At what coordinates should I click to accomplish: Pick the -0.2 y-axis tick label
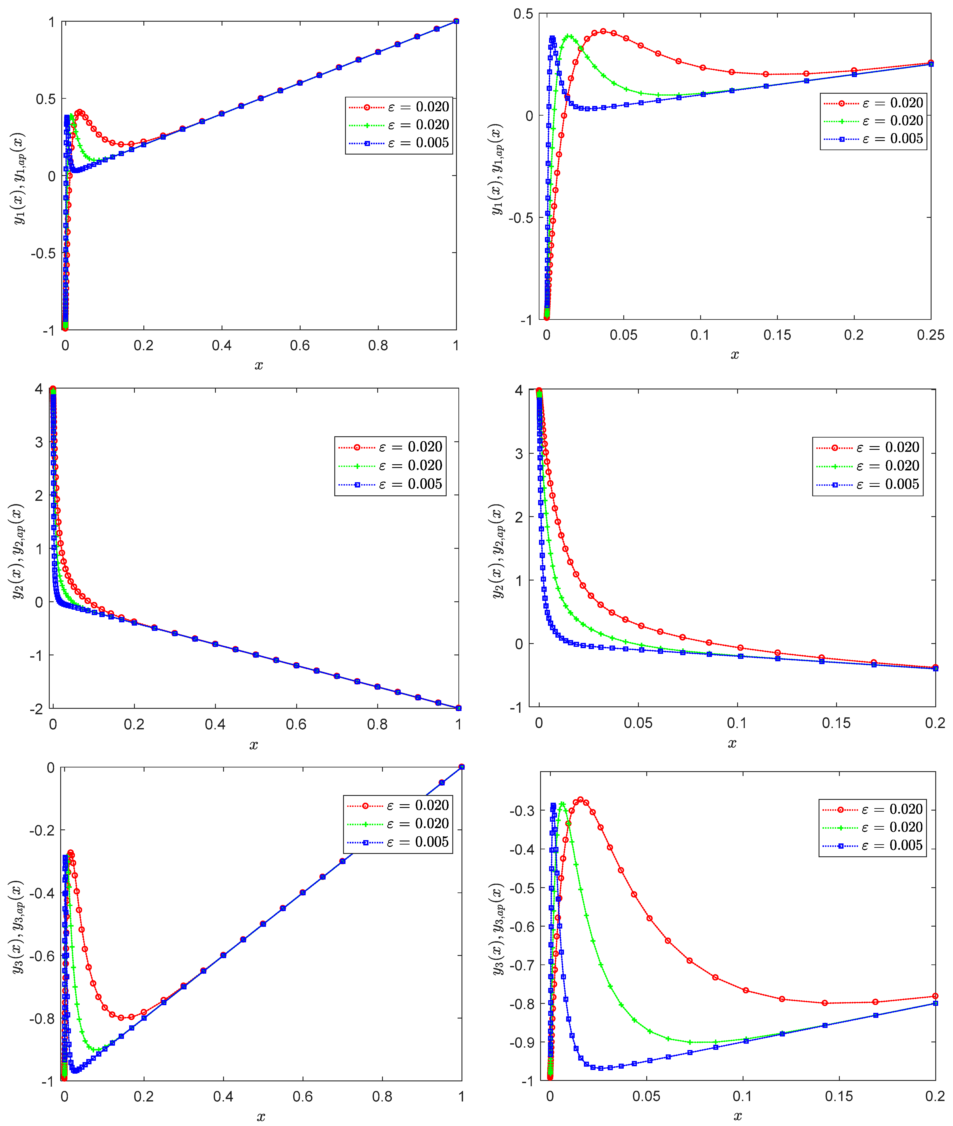tap(42, 830)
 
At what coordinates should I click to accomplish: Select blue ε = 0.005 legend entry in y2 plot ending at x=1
tap(390, 484)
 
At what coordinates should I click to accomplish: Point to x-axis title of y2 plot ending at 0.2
tap(732, 744)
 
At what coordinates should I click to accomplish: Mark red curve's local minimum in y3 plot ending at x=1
tap(122, 1017)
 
